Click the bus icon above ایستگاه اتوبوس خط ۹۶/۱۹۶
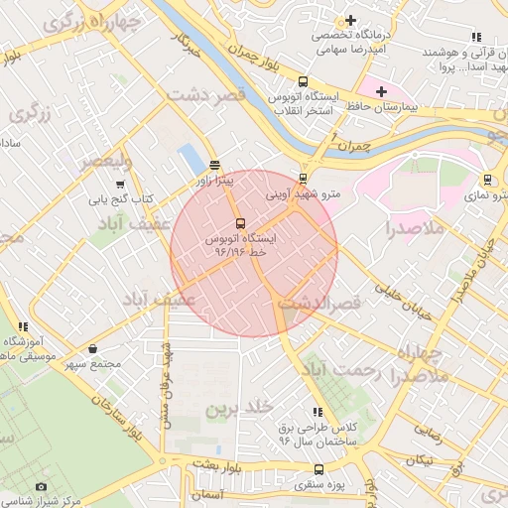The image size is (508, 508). [x=240, y=222]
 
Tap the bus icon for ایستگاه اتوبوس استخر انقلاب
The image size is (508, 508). [x=303, y=82]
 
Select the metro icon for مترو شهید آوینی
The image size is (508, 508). [x=303, y=180]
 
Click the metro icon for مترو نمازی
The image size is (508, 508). [x=488, y=180]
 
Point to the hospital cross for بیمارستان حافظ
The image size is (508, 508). [x=381, y=90]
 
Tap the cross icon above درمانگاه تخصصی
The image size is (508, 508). [x=350, y=20]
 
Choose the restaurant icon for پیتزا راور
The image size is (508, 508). [x=215, y=164]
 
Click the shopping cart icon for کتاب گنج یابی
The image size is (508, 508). [x=121, y=184]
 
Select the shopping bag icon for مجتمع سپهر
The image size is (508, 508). [x=92, y=348]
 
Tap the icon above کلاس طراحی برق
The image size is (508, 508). [x=317, y=411]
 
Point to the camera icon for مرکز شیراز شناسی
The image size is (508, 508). [x=41, y=486]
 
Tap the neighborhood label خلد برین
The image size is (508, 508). [x=238, y=408]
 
